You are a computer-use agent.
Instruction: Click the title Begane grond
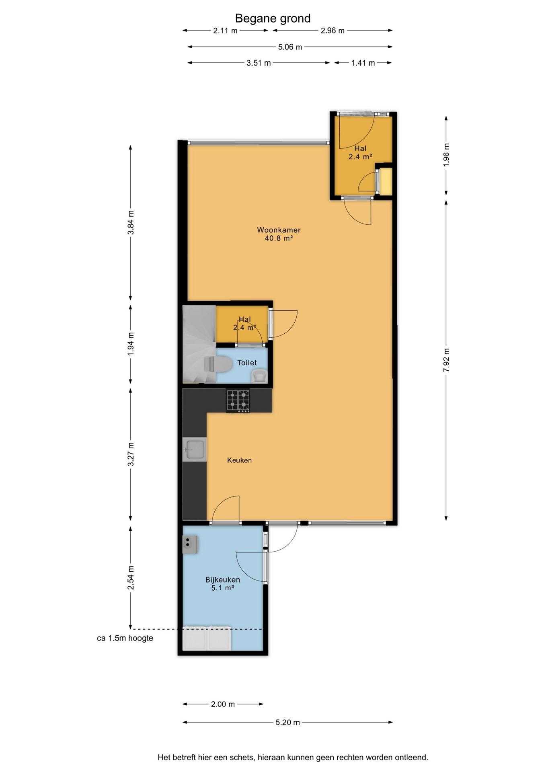(273, 18)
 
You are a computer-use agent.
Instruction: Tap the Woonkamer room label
(279, 230)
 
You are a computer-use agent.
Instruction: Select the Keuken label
(239, 460)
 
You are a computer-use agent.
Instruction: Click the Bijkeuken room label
(222, 579)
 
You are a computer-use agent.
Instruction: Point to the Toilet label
(247, 363)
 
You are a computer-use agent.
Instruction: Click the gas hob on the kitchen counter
(238, 401)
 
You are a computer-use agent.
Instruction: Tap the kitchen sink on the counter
(195, 449)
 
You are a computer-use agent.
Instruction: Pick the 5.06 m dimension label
(290, 47)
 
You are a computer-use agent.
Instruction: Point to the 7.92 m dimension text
(446, 360)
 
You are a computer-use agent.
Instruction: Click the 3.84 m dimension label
(131, 222)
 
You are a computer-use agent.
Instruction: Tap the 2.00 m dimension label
(223, 704)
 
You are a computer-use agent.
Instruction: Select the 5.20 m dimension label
(287, 722)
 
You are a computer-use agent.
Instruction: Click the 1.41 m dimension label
(363, 63)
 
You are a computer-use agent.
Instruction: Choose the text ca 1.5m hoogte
(125, 638)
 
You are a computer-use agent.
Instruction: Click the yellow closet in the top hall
(386, 182)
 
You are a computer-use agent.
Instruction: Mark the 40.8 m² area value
(279, 238)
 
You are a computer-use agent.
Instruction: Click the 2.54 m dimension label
(131, 578)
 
